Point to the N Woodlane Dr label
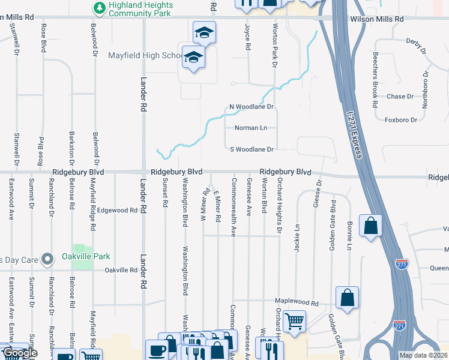tap(252, 107)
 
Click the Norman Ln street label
tap(250, 128)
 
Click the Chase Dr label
tap(400, 97)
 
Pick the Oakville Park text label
tap(86, 256)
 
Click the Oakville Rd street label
tap(121, 271)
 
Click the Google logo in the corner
tap(19, 353)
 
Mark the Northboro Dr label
tap(426, 90)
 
